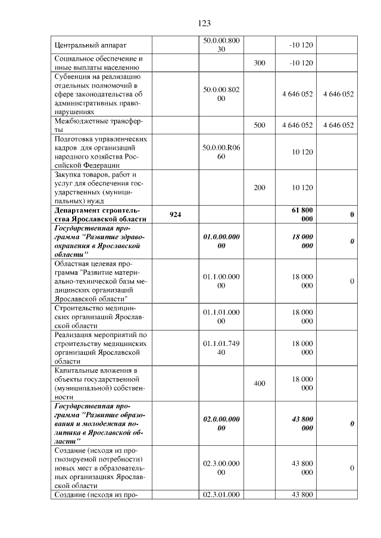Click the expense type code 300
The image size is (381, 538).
pos(259,62)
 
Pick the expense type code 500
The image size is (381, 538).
pos(259,125)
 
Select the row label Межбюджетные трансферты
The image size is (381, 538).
pos(98,125)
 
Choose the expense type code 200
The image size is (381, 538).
pos(259,188)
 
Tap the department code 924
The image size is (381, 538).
pos(175,215)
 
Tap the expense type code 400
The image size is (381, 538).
pos(259,383)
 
